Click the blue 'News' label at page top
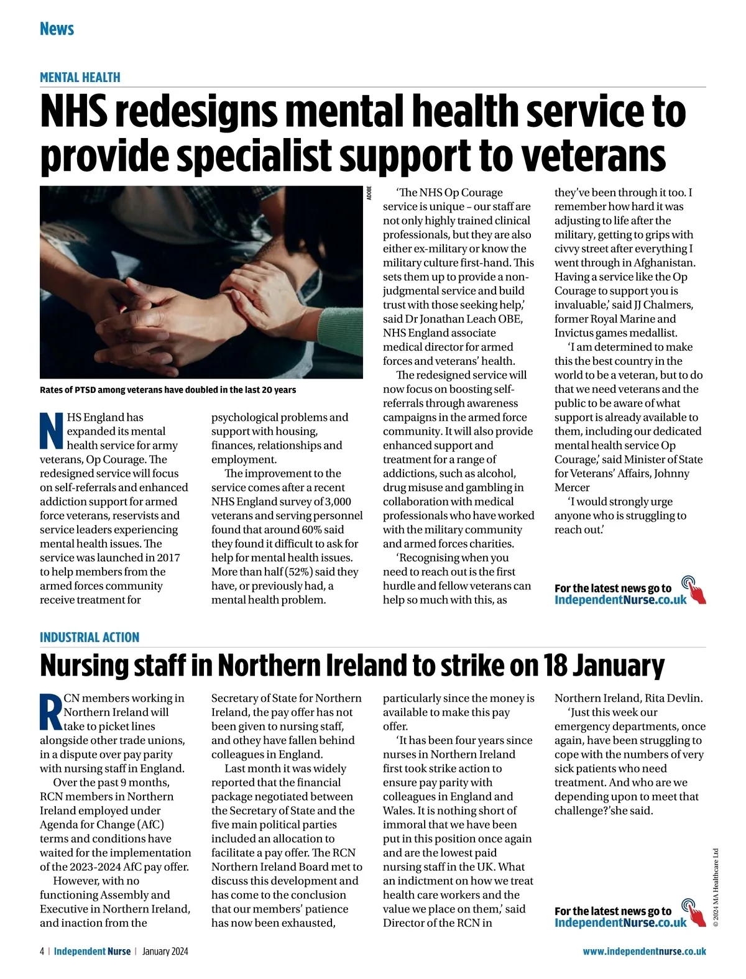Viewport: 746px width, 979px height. pos(57,29)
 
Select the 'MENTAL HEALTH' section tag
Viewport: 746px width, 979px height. pos(80,77)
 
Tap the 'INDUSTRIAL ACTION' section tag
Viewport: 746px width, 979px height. pos(90,637)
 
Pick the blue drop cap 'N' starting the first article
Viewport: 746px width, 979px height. pos(52,430)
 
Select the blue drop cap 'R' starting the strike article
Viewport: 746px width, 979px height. pos(51,711)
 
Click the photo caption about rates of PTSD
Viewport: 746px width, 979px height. pos(168,390)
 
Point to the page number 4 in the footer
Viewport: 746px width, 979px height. pos(42,951)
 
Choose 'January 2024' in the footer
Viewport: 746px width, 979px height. pos(165,951)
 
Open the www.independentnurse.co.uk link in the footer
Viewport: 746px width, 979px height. pos(644,951)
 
